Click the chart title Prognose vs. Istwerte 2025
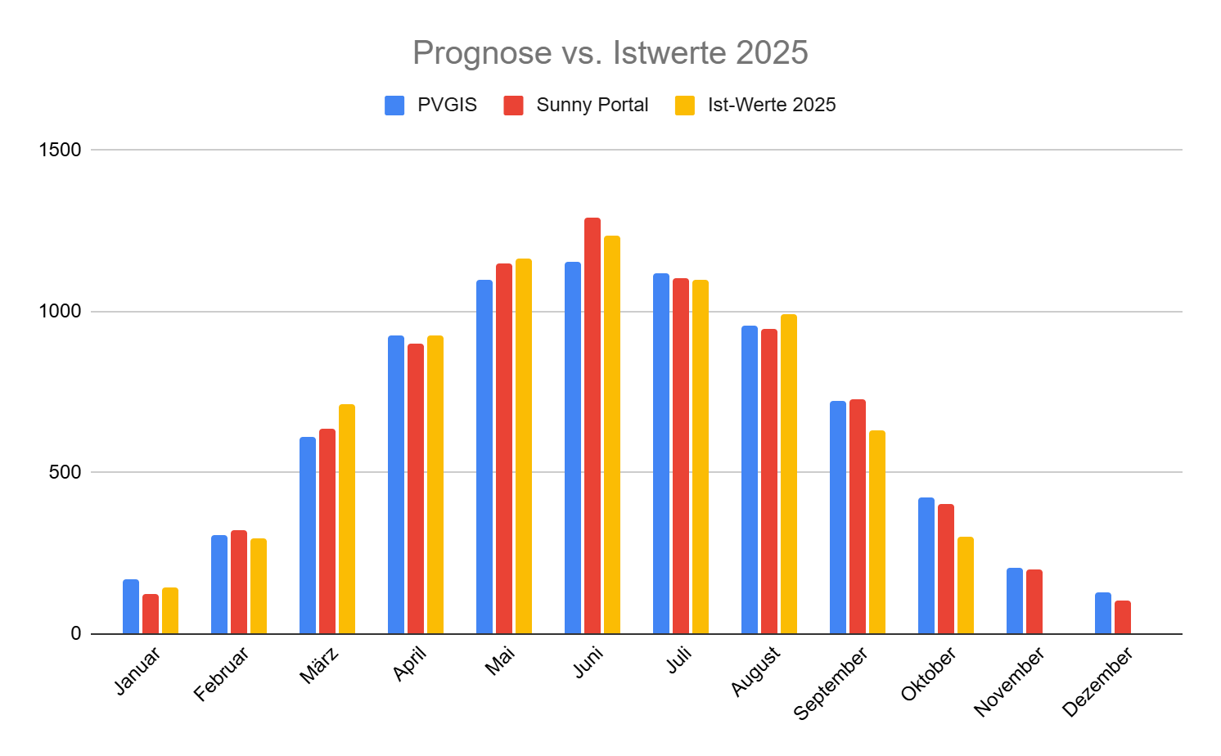point(610,53)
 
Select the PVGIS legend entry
point(431,105)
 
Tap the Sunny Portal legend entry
point(576,105)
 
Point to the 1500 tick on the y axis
point(61,150)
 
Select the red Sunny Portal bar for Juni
point(592,425)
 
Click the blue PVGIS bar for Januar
point(131,606)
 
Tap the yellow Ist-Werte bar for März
point(347,519)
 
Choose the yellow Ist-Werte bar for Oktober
point(966,585)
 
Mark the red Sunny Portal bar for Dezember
point(1123,617)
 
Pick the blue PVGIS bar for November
point(1015,601)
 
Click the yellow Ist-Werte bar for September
point(877,532)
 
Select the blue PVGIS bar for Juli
point(661,453)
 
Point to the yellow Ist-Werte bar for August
point(789,474)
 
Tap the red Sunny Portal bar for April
point(416,488)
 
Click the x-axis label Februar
point(221,674)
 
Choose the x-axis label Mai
point(500,660)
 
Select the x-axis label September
point(830,684)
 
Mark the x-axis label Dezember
point(1097,682)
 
